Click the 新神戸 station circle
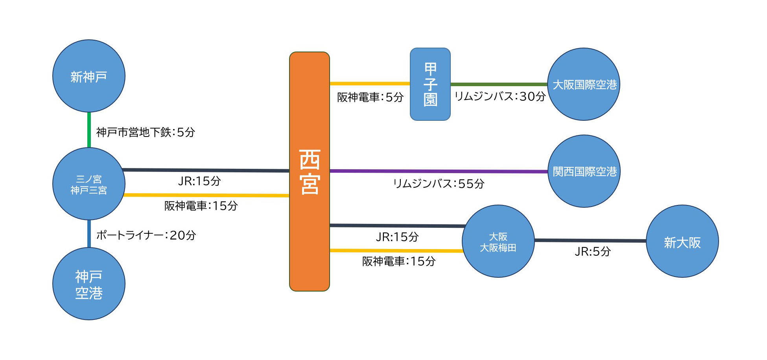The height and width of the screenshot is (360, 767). pyautogui.click(x=89, y=76)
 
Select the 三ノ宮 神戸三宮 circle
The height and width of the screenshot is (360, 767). pyautogui.click(x=89, y=184)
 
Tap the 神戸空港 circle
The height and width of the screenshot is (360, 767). pyautogui.click(x=89, y=284)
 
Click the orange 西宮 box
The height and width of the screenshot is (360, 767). pyautogui.click(x=310, y=172)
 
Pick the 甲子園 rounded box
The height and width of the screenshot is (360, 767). pyautogui.click(x=430, y=84)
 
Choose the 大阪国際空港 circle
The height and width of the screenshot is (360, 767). pyautogui.click(x=584, y=84)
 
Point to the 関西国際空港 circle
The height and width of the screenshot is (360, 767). pyautogui.click(x=584, y=171)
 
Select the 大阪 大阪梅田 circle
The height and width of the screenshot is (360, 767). pyautogui.click(x=498, y=241)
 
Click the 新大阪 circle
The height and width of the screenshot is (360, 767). pyautogui.click(x=682, y=241)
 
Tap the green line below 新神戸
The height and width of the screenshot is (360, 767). pyautogui.click(x=89, y=130)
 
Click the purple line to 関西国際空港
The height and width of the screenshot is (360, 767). pyautogui.click(x=439, y=171)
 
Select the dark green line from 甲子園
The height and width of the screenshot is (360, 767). pyautogui.click(x=499, y=84)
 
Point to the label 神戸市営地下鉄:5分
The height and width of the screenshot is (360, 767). pyautogui.click(x=146, y=132)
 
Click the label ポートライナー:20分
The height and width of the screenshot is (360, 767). pyautogui.click(x=146, y=235)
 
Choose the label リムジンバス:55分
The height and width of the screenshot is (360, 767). pyautogui.click(x=439, y=184)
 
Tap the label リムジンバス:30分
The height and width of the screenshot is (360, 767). pyautogui.click(x=500, y=96)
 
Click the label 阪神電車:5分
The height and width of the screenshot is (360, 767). pyautogui.click(x=371, y=97)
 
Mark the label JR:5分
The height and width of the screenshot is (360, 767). pyautogui.click(x=593, y=251)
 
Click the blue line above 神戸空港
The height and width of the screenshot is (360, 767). pyautogui.click(x=89, y=234)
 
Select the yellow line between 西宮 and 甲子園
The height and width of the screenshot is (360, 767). pyautogui.click(x=370, y=83)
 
